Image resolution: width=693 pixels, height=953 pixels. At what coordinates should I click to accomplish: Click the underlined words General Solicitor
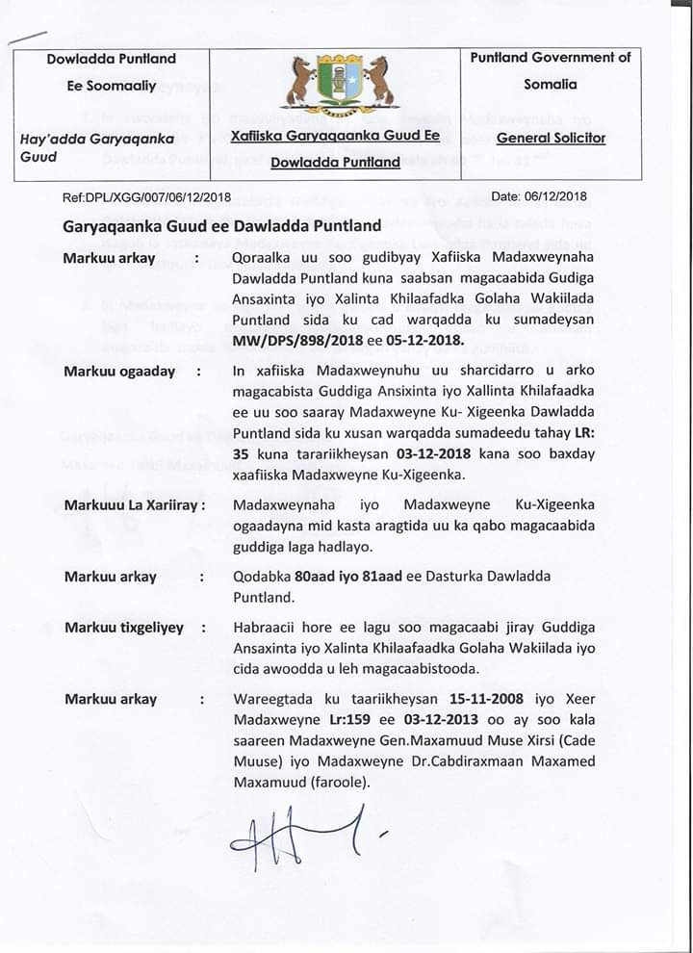tap(551, 138)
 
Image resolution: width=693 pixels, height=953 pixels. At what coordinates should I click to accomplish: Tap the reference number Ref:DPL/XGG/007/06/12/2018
tap(146, 197)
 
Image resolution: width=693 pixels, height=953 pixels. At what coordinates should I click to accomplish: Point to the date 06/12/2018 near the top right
tap(539, 197)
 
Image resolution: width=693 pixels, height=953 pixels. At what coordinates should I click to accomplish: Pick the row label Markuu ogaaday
tap(119, 372)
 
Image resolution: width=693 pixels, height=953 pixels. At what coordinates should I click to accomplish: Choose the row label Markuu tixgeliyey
tap(123, 628)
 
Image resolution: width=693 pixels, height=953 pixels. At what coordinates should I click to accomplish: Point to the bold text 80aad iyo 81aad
tap(342, 576)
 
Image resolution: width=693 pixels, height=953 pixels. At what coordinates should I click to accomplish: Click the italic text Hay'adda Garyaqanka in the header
tap(97, 138)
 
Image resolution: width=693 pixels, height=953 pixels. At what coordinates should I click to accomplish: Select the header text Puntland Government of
tap(551, 58)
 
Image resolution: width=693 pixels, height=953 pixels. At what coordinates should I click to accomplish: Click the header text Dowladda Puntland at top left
tap(112, 59)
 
